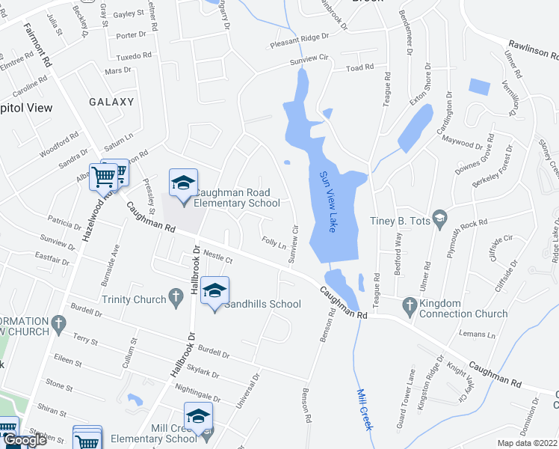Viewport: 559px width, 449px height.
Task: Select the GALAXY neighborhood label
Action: (111, 102)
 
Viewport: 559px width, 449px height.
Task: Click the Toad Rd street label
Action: (359, 68)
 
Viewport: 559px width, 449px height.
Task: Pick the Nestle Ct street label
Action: (218, 257)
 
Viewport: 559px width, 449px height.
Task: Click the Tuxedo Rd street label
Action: (135, 56)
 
